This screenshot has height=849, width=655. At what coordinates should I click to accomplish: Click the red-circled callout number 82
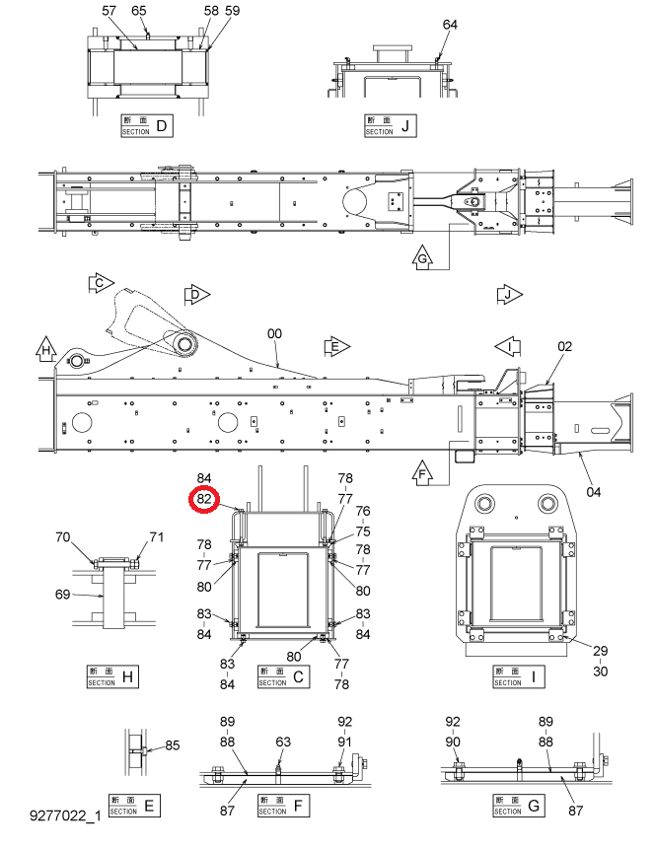pyautogui.click(x=204, y=499)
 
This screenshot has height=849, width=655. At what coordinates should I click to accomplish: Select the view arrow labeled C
pyautogui.click(x=101, y=283)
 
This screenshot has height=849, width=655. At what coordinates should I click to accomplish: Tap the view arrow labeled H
pyautogui.click(x=46, y=349)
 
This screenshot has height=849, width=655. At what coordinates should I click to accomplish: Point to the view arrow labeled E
pyautogui.click(x=337, y=346)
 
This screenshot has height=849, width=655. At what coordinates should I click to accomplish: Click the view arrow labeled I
pyautogui.click(x=508, y=345)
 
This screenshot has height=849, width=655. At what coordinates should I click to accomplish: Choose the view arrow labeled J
pyautogui.click(x=509, y=295)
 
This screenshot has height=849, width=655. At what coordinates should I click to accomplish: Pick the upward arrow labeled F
pyautogui.click(x=422, y=472)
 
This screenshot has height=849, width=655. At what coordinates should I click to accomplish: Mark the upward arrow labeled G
pyautogui.click(x=422, y=256)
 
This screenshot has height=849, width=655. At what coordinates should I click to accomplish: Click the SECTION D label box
pyautogui.click(x=147, y=125)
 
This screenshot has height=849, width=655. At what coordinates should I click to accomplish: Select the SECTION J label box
pyautogui.click(x=390, y=125)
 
